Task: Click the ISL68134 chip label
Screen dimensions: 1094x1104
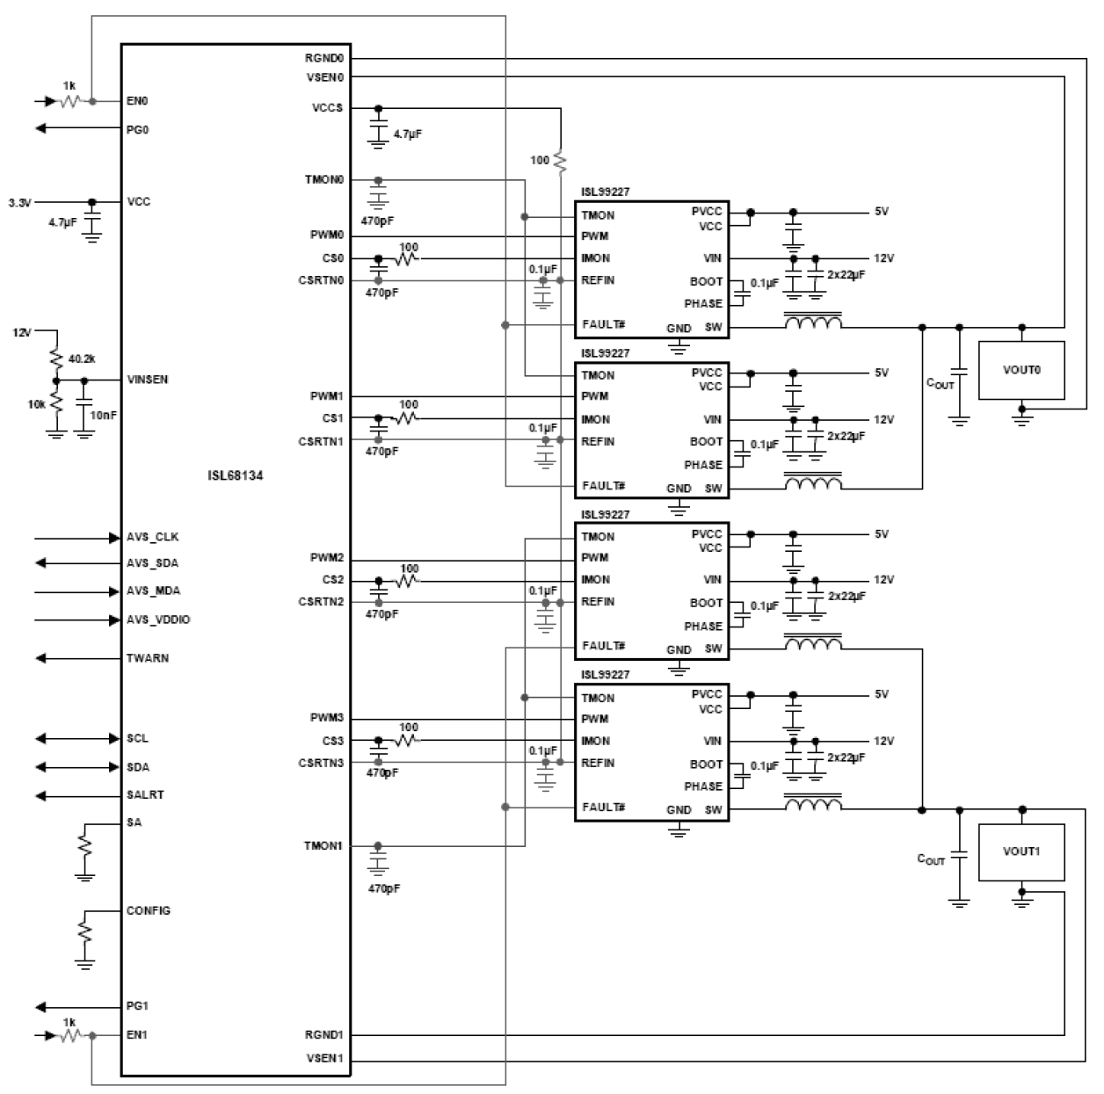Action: (x=235, y=475)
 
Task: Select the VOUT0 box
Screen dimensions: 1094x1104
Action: (x=1021, y=370)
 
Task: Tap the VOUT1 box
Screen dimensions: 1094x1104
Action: (x=1021, y=851)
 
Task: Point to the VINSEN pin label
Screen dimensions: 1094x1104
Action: (x=148, y=380)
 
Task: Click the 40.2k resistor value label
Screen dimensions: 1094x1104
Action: (x=82, y=359)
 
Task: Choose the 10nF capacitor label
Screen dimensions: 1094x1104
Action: (x=104, y=415)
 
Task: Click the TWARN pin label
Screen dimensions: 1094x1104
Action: (x=148, y=658)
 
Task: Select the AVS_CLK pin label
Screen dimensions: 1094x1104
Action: (x=152, y=537)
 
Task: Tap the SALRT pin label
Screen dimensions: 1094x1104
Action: (x=145, y=794)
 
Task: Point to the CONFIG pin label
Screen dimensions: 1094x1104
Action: (x=149, y=910)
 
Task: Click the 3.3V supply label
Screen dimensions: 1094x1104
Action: (x=20, y=202)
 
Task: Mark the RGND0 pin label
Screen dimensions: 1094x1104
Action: (x=324, y=59)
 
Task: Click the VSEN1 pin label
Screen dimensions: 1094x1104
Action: (x=324, y=1057)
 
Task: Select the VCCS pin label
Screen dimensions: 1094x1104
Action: (x=327, y=108)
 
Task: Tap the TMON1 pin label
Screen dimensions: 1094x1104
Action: (x=323, y=845)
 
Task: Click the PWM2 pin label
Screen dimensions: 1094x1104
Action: (x=326, y=558)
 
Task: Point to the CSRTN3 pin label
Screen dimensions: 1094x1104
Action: (x=321, y=763)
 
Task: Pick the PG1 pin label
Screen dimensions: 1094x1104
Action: (x=137, y=1006)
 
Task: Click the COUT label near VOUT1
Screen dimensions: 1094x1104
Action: (x=931, y=859)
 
